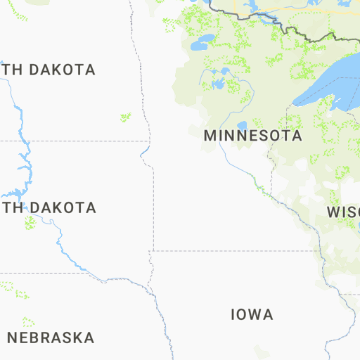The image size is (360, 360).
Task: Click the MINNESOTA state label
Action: tap(252, 136)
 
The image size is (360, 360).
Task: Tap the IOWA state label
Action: tap(252, 314)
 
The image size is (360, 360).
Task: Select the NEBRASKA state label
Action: tap(51, 337)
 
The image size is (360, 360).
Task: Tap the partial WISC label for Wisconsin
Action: tap(343, 212)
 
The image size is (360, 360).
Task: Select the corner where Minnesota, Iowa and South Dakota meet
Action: tap(152, 250)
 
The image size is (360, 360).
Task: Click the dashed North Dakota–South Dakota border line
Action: tap(70, 141)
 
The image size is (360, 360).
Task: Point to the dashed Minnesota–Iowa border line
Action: tap(232, 250)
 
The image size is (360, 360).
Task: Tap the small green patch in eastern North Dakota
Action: tap(125, 117)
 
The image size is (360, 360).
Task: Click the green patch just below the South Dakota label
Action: tap(30, 222)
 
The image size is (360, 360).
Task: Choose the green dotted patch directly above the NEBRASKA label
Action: tap(28, 322)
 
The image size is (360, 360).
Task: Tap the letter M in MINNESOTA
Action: tap(210, 136)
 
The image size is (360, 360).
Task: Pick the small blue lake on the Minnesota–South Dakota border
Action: tap(145, 151)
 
